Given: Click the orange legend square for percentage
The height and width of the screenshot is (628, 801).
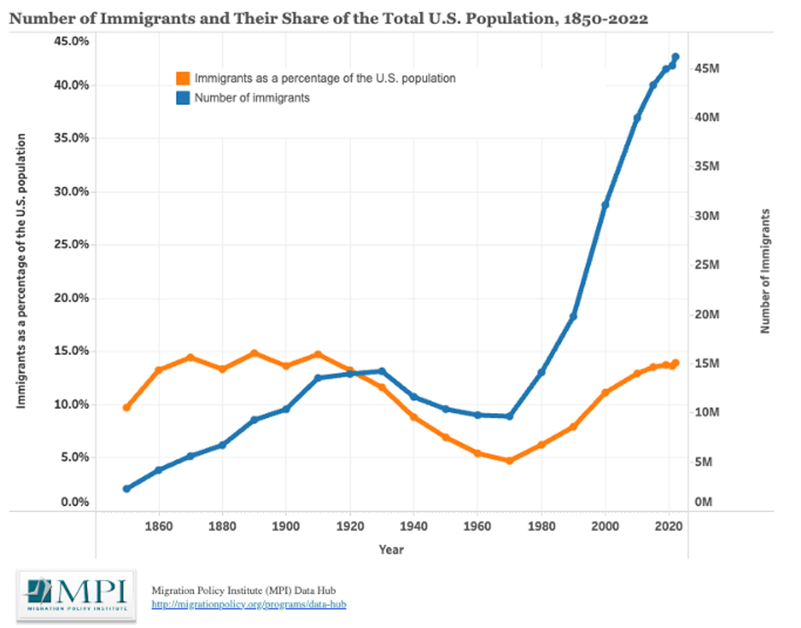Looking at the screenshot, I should point(183,78).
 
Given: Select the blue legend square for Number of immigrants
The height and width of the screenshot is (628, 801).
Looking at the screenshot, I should point(183,98).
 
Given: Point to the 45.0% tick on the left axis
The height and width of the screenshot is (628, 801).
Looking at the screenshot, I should point(71,41).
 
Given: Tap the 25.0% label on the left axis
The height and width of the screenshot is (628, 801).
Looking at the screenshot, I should point(71,244).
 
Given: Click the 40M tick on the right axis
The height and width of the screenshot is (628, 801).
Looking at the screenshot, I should point(707,117).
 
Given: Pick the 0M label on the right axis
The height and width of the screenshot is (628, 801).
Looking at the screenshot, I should point(703,502).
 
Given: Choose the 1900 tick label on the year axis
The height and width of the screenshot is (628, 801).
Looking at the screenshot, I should point(285,527).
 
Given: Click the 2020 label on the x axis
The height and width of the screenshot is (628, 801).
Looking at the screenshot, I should point(668,527).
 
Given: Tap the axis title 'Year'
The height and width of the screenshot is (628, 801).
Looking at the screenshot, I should point(391,550).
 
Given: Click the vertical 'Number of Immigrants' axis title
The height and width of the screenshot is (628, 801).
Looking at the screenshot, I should point(765,270).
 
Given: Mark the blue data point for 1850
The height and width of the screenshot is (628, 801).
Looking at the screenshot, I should point(126,488).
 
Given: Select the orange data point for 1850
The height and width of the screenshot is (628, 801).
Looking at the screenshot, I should point(126,408).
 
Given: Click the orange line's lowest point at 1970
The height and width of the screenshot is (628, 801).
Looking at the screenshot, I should point(509,461).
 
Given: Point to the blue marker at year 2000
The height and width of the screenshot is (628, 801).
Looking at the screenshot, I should point(605,205).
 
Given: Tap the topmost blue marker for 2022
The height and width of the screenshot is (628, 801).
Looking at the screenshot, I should point(675,57).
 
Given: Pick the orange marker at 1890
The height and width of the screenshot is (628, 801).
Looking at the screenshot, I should point(254,353).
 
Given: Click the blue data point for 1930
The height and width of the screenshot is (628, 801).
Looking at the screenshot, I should point(382,371).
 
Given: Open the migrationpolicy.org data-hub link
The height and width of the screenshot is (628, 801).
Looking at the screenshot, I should point(248,604).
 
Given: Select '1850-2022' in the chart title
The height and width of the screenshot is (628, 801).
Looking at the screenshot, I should point(605,18).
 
